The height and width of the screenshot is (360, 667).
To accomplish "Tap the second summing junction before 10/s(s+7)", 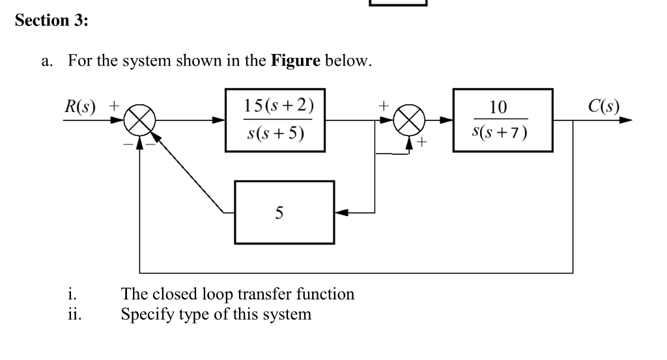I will pyautogui.click(x=410, y=121).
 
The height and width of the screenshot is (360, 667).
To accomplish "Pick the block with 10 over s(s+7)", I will pyautogui.click(x=503, y=120).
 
